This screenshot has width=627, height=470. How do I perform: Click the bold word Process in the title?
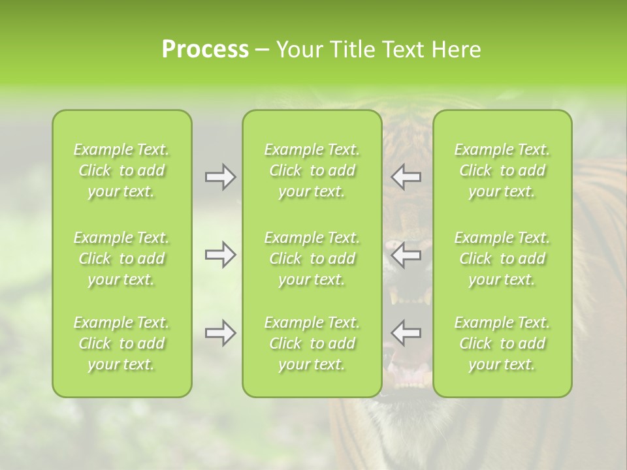coord(205,50)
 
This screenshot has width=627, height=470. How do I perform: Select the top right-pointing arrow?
coord(221,177)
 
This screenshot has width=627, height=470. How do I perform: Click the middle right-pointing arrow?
coord(221,255)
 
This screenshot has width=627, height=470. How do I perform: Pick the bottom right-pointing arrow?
coord(221,333)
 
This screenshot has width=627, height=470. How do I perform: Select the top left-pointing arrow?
coord(406,177)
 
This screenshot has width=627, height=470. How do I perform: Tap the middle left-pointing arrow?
coord(406,255)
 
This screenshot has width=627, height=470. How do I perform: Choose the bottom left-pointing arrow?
coord(406,333)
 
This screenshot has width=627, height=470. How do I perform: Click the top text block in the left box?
coord(121,170)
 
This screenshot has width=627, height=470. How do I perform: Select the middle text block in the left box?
coord(121,258)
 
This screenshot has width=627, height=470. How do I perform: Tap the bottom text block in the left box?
coord(121,343)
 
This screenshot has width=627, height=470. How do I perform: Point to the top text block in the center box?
coord(312,170)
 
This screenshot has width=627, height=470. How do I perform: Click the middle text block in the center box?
coord(312,258)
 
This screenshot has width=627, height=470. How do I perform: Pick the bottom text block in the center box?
coord(312,343)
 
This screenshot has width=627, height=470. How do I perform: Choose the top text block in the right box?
coord(502,170)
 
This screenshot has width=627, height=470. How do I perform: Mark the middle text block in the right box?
coord(502,258)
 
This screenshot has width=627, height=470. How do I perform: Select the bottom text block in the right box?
coord(502,343)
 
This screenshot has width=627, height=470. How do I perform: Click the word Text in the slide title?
coord(403,50)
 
